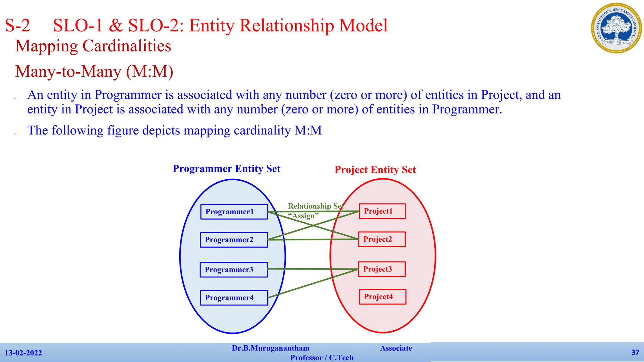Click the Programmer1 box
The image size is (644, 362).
tap(234, 212)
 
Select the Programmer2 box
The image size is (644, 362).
tap(234, 240)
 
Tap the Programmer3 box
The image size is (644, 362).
tap(234, 270)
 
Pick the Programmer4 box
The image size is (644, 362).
tap(234, 298)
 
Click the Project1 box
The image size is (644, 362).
tap(382, 211)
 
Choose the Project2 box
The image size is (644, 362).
tap(382, 239)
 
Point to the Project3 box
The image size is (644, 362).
tap(382, 269)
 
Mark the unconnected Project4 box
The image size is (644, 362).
tap(382, 297)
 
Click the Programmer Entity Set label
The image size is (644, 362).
tap(226, 169)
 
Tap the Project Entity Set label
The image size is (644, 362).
tap(375, 170)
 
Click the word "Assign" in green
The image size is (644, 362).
tap(303, 216)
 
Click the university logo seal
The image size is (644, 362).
tap(616, 28)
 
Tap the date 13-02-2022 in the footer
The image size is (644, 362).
tap(23, 353)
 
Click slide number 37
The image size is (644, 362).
tap(635, 352)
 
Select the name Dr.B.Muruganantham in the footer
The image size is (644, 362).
tap(270, 348)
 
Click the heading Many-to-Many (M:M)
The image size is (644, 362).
tap(94, 71)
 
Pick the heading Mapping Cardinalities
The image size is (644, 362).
tap(93, 46)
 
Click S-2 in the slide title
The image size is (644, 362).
tap(18, 25)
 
